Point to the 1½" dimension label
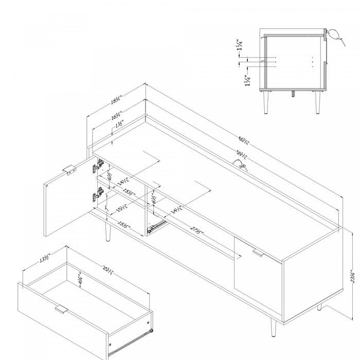[119, 124]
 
